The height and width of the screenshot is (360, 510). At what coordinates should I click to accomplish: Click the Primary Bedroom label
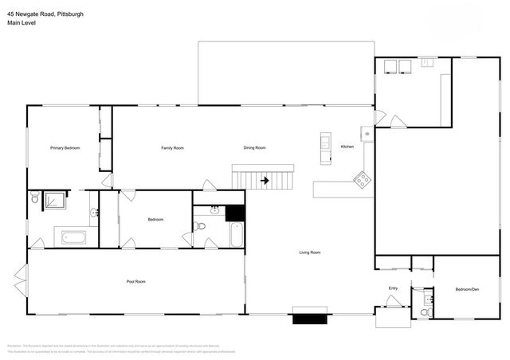point(65,147)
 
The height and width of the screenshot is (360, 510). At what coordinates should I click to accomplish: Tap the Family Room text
point(172,147)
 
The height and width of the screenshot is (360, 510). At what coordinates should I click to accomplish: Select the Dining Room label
point(254,147)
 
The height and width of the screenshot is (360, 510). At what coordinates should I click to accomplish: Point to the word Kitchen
point(347,147)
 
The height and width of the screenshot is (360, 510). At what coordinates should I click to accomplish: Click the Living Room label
point(310,252)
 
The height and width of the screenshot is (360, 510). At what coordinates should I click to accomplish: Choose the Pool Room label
point(136,281)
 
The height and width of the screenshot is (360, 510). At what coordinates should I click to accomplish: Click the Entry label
point(393,288)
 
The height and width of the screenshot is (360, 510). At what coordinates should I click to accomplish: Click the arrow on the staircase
point(264,180)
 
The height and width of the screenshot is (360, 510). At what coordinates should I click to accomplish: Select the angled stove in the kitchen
point(362,181)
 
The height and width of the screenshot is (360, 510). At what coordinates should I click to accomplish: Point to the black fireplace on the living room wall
point(309,319)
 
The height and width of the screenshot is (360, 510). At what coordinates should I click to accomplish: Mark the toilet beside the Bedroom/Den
point(425,311)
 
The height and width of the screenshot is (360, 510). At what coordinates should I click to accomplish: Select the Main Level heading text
point(22,24)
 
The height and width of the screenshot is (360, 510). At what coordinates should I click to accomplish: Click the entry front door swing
point(393,301)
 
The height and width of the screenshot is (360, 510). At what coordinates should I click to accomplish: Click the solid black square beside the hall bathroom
point(234,213)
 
